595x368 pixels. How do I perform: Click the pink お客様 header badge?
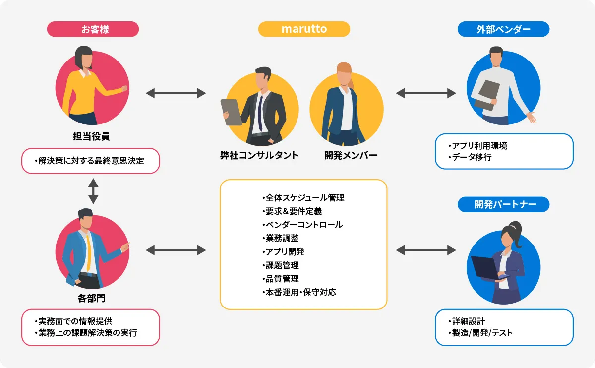pyautogui.click(x=93, y=29)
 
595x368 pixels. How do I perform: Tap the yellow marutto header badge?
pyautogui.click(x=304, y=29)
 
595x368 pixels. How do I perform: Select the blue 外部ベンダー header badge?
pyautogui.click(x=503, y=29)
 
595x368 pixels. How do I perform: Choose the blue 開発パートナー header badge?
pyautogui.click(x=503, y=204)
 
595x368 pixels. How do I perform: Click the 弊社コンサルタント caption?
pyautogui.click(x=259, y=156)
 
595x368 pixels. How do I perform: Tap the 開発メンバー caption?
pyautogui.click(x=351, y=156)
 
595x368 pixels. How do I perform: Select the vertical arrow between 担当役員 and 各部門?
pyautogui.click(x=93, y=191)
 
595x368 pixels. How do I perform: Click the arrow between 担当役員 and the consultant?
pyautogui.click(x=176, y=93)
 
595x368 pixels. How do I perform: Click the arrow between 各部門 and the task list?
pyautogui.click(x=176, y=250)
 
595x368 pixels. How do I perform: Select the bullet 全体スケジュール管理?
pyautogui.click(x=303, y=198)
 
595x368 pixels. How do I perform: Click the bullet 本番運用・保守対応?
pyautogui.click(x=299, y=292)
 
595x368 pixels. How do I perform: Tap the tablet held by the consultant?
pyautogui.click(x=231, y=112)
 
